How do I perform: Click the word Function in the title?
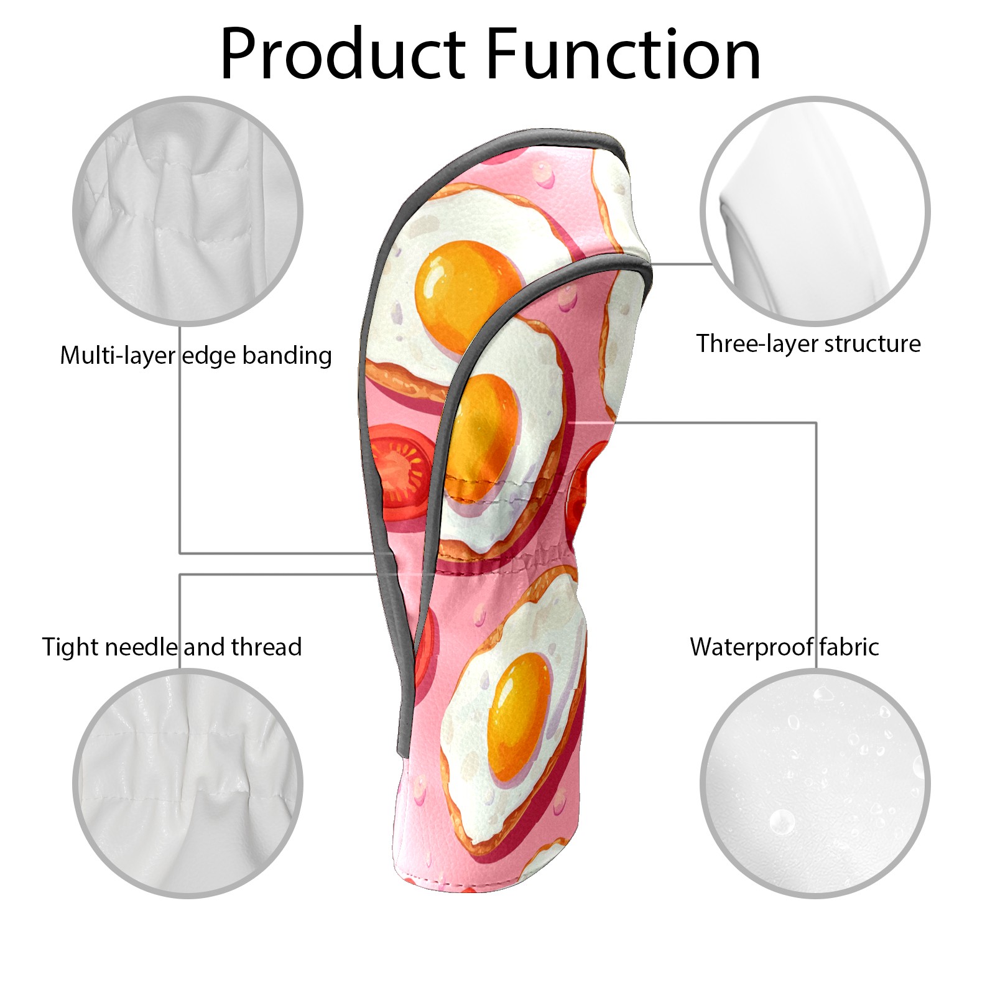coord(622,55)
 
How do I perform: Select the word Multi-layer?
coord(118,356)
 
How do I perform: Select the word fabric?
coord(849,647)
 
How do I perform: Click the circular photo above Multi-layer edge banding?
coord(188,211)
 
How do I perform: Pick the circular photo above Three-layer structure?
coord(815,211)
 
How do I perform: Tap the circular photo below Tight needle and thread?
coord(188,783)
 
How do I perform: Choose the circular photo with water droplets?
coord(815,783)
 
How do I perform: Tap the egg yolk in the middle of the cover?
coord(485,429)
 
